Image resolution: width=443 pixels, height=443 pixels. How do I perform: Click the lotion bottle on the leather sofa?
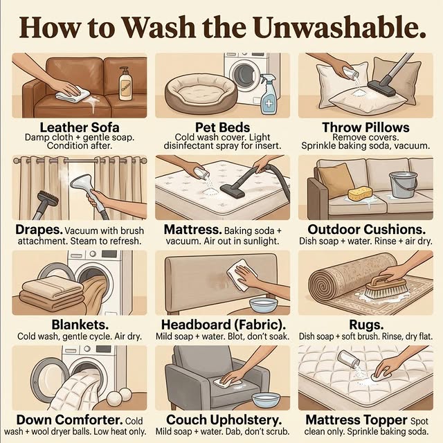click(125, 84)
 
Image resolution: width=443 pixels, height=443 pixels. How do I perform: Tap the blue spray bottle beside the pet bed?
click(269, 94)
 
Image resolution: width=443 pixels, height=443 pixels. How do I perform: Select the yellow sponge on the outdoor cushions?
click(359, 195)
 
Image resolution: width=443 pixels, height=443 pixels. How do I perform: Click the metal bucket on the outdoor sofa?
click(403, 185)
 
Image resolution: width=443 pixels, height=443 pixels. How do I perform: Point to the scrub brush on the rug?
click(386, 287)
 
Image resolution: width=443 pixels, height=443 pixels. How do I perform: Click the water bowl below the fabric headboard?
click(263, 305)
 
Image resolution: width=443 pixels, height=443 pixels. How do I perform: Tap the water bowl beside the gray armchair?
click(266, 399)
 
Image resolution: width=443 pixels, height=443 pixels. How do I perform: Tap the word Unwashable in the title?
click(339, 28)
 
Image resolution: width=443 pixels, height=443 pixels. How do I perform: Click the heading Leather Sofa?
click(80, 127)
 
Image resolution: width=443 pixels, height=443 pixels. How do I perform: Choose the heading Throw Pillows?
click(365, 127)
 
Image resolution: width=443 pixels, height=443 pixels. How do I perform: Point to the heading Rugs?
click(366, 325)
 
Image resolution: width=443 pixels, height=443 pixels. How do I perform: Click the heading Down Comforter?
click(69, 419)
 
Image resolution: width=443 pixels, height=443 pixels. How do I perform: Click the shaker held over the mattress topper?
click(349, 359)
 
